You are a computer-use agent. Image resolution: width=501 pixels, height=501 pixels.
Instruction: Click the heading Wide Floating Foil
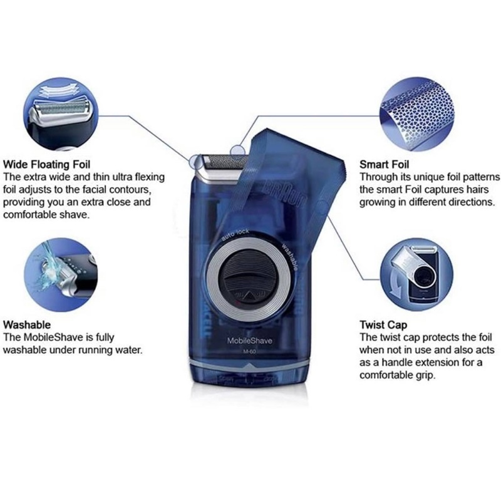pyautogui.click(x=51, y=166)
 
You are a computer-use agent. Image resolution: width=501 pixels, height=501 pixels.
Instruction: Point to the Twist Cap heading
pyautogui.click(x=383, y=325)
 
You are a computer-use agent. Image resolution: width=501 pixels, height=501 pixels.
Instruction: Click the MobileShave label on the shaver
pyautogui.click(x=250, y=340)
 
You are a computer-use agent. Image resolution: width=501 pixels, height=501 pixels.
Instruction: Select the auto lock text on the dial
pyautogui.click(x=234, y=236)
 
